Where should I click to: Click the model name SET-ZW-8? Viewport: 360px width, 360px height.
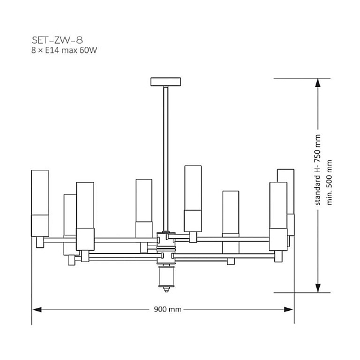[x=57, y=40]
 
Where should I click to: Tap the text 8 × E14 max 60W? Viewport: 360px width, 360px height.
[x=64, y=50]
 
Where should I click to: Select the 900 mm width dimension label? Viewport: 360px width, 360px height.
[x=167, y=309]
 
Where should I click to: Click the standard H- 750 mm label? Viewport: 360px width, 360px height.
[x=317, y=170]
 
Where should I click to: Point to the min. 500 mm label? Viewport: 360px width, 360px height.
[x=329, y=182]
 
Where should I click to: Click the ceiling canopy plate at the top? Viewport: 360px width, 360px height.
[x=166, y=82]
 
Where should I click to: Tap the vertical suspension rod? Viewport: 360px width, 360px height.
[x=166, y=159]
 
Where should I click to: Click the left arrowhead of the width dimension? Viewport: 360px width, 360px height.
[x=37, y=310]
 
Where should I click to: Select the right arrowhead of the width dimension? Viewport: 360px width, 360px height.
[x=289, y=310]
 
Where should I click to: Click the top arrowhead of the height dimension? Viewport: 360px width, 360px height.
[x=317, y=83]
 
